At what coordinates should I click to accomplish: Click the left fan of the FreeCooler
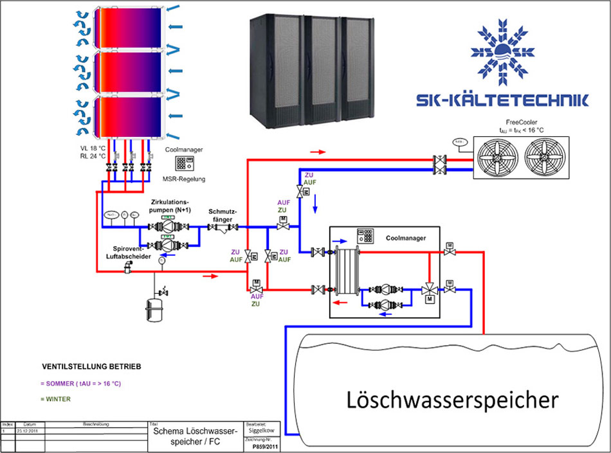coord(503,157)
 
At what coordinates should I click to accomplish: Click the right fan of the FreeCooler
coord(552,157)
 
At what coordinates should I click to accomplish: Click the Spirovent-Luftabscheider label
coord(128,253)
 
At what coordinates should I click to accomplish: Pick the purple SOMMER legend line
coord(80,384)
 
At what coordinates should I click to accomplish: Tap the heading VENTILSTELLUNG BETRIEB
coord(91,367)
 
